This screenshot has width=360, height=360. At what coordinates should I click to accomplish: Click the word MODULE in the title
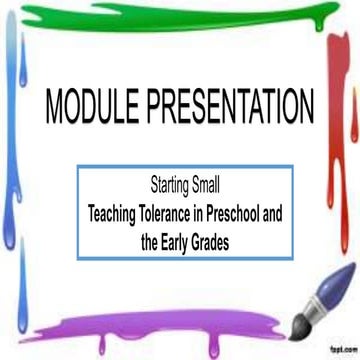85,104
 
